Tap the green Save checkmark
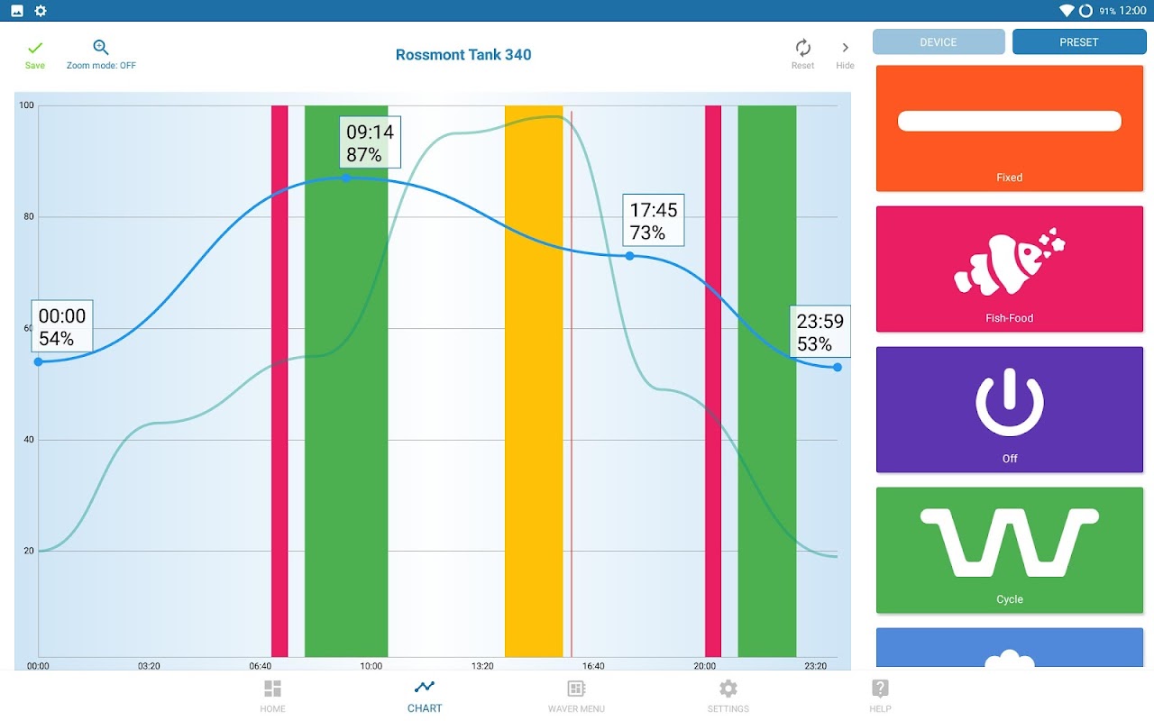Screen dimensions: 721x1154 point(35,49)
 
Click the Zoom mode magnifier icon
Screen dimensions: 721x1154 point(101,48)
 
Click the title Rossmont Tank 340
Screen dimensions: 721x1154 point(463,55)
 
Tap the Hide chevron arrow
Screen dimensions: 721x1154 point(845,48)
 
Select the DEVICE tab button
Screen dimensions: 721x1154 point(939,42)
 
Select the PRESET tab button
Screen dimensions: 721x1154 point(1079,42)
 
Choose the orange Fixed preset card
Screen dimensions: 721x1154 point(1010,128)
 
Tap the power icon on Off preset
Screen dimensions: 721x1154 point(1010,403)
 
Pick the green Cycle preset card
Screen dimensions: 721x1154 point(1010,550)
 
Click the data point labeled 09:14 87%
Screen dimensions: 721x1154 point(346,178)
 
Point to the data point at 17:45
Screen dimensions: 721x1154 point(630,256)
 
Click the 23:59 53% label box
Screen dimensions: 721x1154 point(820,333)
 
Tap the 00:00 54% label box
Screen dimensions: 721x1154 point(62,326)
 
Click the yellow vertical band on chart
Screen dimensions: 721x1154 point(534,379)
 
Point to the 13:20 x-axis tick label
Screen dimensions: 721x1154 point(482,667)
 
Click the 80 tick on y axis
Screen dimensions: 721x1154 point(27,217)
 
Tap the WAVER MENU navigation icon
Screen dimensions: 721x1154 point(576,689)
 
